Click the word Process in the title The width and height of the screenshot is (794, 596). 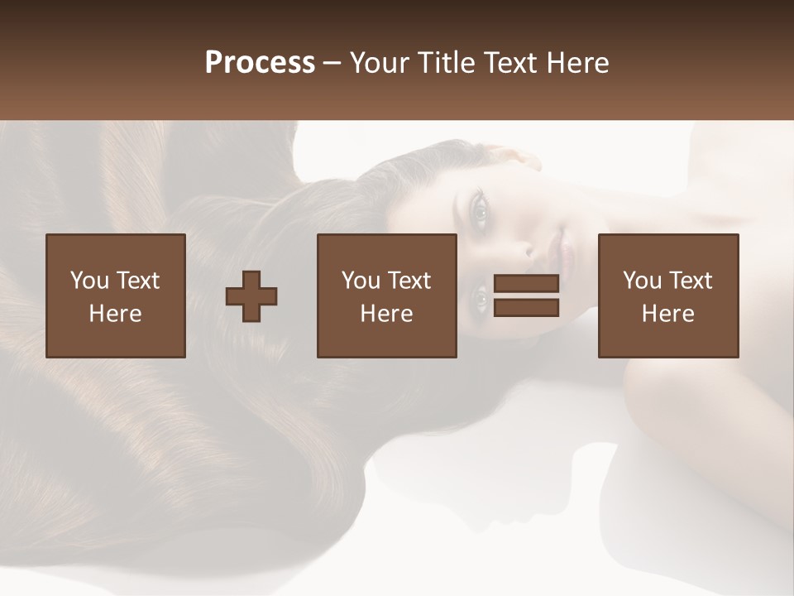(260, 63)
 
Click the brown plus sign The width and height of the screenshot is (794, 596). (251, 296)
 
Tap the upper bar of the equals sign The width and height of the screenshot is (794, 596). (526, 284)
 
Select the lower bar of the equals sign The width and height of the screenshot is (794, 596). (526, 308)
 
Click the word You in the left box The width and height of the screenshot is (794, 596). (89, 281)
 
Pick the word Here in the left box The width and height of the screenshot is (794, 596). (115, 314)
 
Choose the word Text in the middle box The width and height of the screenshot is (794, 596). (409, 281)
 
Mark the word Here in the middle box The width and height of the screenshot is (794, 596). (386, 314)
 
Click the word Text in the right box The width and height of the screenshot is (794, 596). (690, 281)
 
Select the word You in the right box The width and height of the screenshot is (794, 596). (642, 281)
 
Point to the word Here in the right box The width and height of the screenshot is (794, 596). (667, 314)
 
